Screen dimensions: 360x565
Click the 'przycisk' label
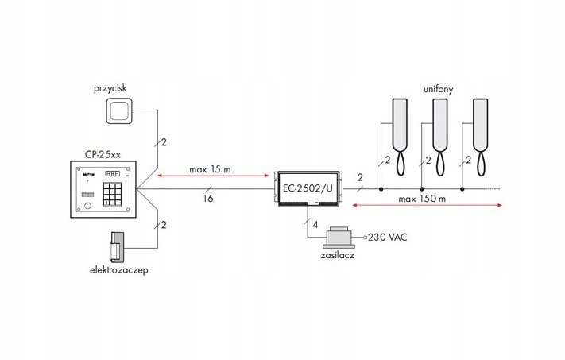pos(110,89)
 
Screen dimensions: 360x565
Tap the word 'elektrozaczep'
pos(118,270)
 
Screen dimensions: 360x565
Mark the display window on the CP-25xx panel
pos(111,174)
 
